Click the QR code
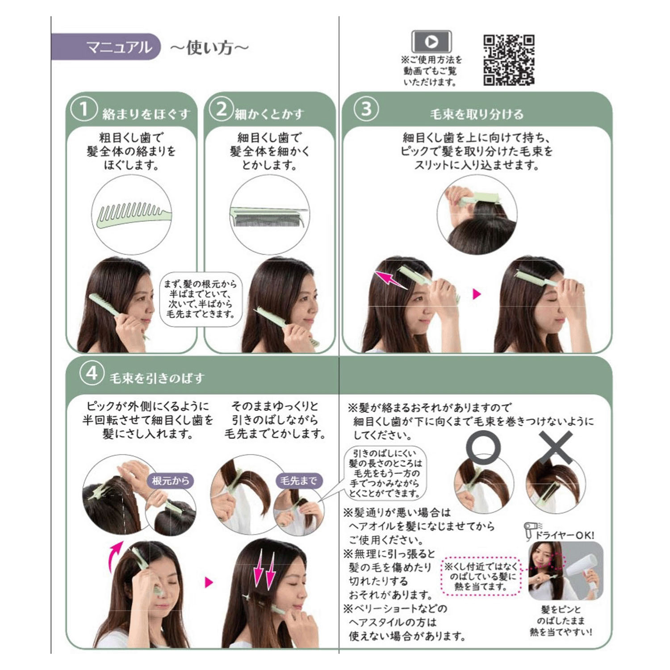509,60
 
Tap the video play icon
431,42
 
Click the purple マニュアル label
106,47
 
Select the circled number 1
84,109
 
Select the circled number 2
221,109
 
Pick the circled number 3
366,109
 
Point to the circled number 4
92,373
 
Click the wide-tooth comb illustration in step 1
133,214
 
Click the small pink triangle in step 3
477,294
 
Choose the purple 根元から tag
171,481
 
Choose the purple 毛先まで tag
298,481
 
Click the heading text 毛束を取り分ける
477,114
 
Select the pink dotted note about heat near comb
481,576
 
